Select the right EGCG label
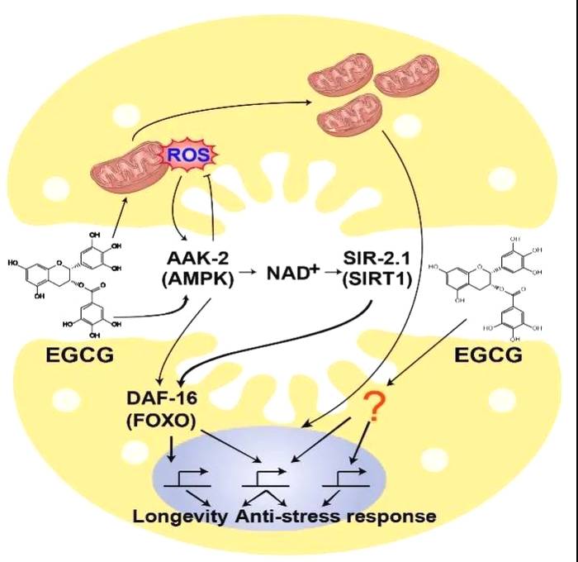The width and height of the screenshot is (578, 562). (489, 356)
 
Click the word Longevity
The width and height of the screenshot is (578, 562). (180, 517)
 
